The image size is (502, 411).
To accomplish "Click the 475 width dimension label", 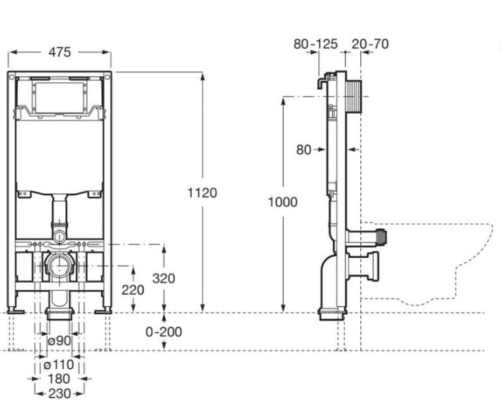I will tap(60, 51).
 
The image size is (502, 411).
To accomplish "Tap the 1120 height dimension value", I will tap(202, 192).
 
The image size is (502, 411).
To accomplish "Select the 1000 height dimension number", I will tap(282, 202).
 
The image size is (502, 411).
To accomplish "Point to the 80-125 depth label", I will tap(316, 44).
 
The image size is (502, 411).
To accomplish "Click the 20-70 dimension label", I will tap(371, 44).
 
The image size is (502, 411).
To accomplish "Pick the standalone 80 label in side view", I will tap(303, 149).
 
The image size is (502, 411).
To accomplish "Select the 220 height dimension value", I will tap(133, 289).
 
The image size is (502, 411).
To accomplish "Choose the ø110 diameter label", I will tap(58, 365).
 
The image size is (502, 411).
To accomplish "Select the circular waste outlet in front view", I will tap(59, 266).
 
